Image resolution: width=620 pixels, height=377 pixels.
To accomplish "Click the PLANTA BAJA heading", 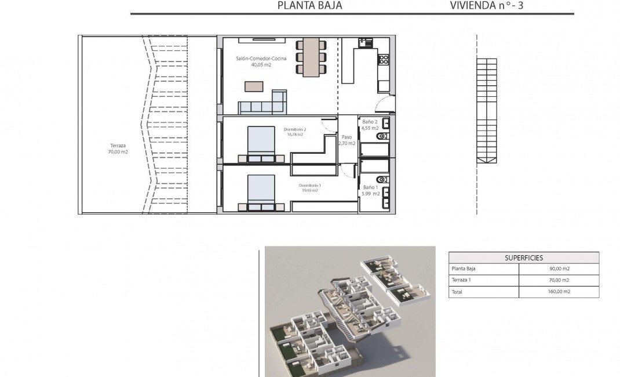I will coord(309,6).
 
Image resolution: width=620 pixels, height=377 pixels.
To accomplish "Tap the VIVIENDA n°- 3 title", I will coord(489,6).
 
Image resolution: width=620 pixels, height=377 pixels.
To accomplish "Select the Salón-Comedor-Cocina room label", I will coord(261,59).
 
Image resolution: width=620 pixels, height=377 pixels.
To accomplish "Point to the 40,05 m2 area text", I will coord(261,65).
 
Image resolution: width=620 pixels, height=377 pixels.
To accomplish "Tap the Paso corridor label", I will coord(347,137).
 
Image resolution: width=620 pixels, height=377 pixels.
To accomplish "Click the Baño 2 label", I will coord(370,122).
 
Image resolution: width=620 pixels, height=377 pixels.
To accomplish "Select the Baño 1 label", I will coord(370,187).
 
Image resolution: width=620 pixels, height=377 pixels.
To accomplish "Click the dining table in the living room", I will coord(311,57).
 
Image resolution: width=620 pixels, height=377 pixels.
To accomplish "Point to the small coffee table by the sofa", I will coord(254,86).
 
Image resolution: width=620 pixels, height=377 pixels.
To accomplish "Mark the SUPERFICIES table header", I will coord(524,258).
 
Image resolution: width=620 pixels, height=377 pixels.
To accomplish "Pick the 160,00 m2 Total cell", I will coord(559,292).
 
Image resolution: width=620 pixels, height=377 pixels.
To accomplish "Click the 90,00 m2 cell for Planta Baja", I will coord(559,269).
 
